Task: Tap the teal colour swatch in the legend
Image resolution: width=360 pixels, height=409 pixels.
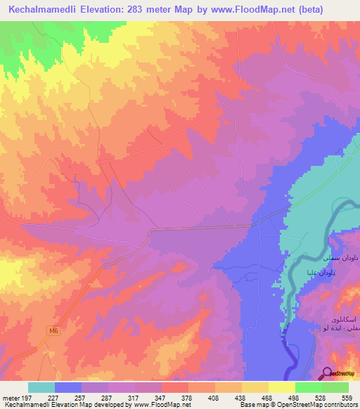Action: (41, 387)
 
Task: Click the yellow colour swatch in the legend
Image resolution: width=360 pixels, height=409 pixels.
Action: (282, 387)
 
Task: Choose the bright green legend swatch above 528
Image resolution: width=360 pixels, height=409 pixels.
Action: (309, 387)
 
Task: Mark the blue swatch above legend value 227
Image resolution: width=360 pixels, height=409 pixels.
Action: (68, 387)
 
